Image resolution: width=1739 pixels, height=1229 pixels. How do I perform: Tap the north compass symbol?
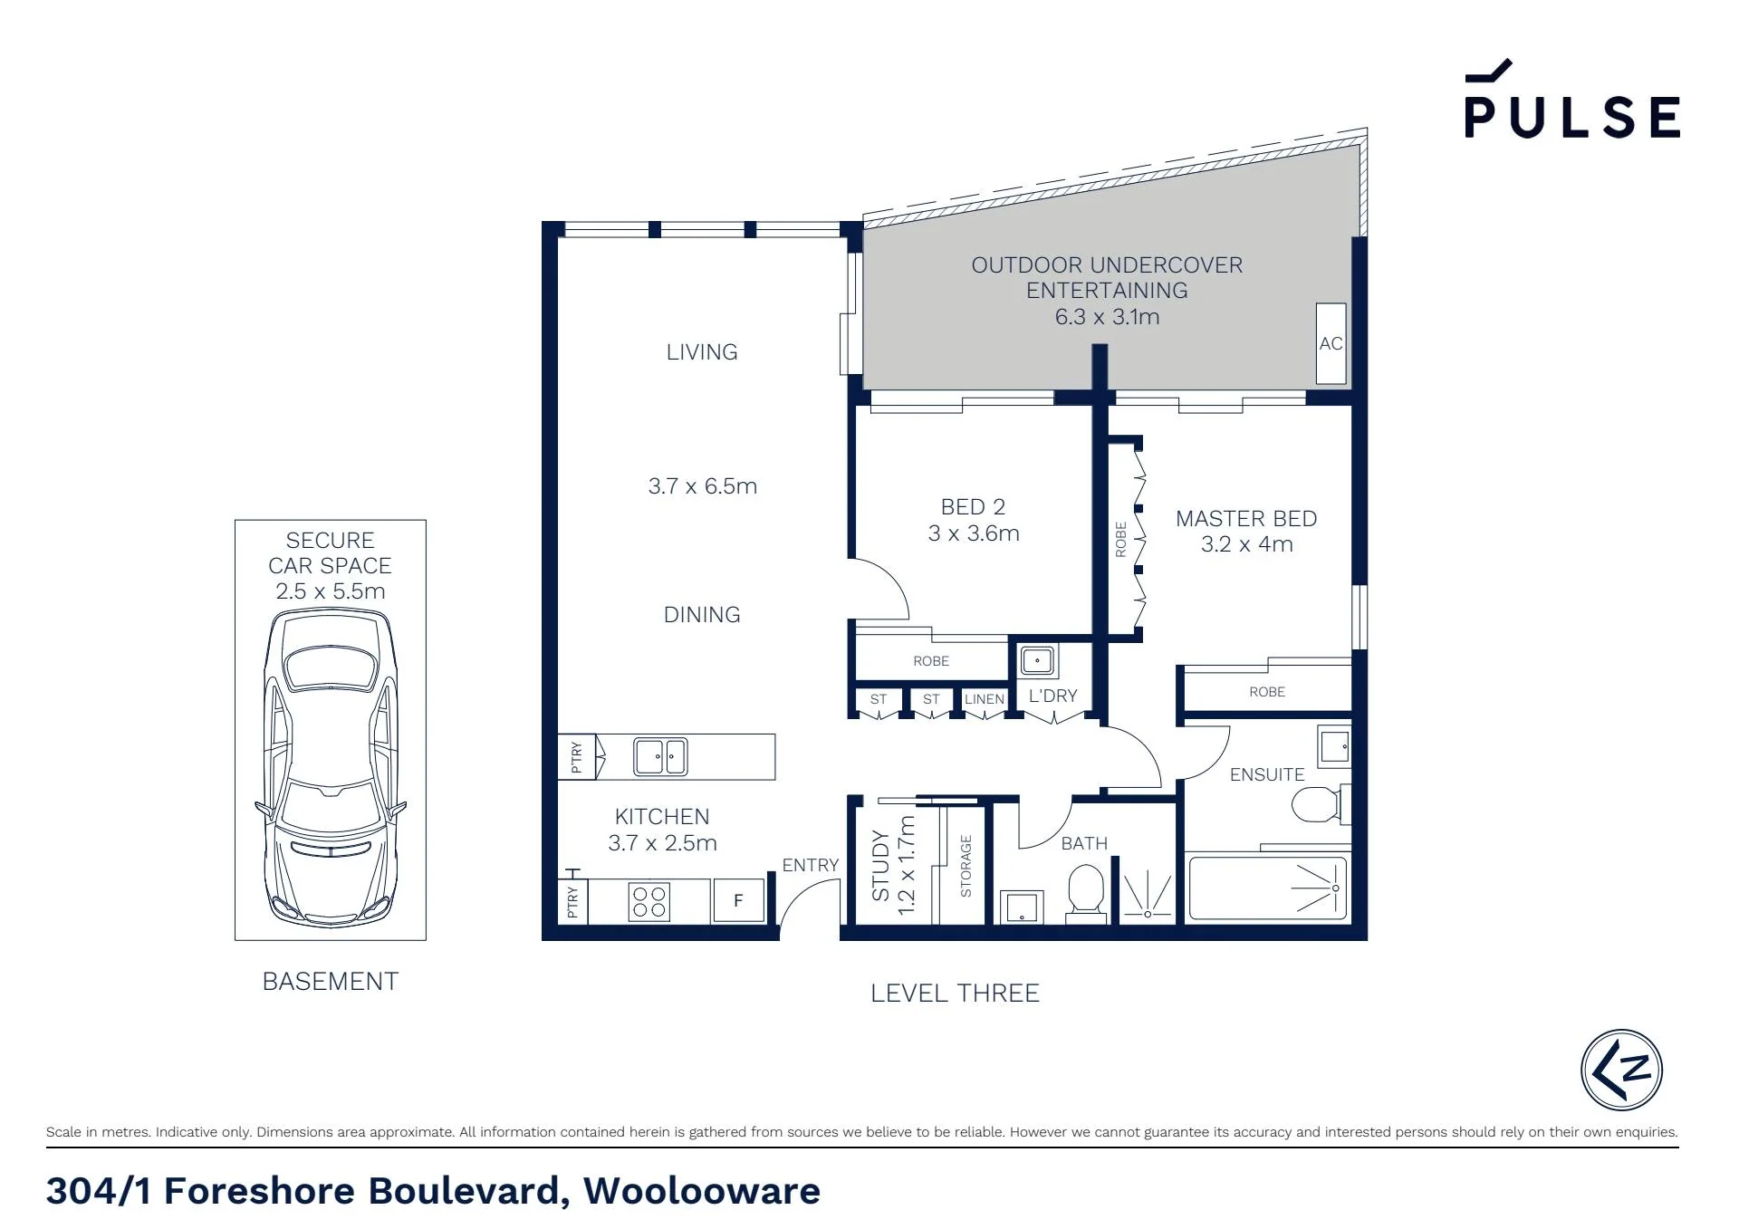pyautogui.click(x=1621, y=1070)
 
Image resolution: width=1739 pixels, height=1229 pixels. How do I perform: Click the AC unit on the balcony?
pyautogui.click(x=1331, y=343)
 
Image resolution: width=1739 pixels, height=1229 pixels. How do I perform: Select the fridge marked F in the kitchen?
pyautogui.click(x=738, y=900)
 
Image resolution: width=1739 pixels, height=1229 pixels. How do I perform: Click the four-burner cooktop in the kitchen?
pyautogui.click(x=649, y=901)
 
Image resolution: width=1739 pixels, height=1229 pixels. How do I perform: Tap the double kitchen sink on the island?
pyautogui.click(x=660, y=756)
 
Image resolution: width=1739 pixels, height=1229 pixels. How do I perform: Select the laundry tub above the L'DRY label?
pyautogui.click(x=1037, y=660)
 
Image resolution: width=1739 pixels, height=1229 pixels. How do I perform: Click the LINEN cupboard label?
pyautogui.click(x=985, y=699)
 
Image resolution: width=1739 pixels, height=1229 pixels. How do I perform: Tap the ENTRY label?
pyautogui.click(x=811, y=865)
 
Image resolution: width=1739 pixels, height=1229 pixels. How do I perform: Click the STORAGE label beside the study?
pyautogui.click(x=966, y=867)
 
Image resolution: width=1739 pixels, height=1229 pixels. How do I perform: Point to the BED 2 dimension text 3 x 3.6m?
pyautogui.click(x=974, y=533)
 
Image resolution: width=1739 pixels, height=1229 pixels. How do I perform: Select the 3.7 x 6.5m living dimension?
pyautogui.click(x=703, y=486)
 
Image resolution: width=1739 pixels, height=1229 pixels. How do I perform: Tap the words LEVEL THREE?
pyautogui.click(x=955, y=994)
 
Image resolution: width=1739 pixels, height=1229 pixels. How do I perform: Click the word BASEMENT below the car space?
pyautogui.click(x=330, y=982)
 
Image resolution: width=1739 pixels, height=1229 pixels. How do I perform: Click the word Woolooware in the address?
pyautogui.click(x=702, y=1191)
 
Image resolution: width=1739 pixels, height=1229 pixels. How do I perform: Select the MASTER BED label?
pyautogui.click(x=1246, y=519)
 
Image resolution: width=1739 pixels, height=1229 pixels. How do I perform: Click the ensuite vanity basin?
pyautogui.click(x=1334, y=747)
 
